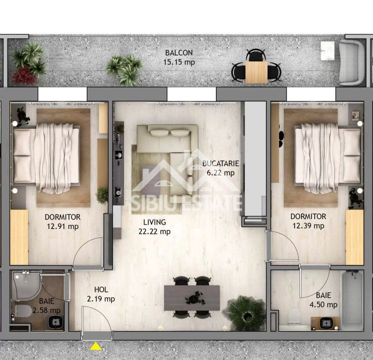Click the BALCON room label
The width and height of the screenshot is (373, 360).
tap(179, 53)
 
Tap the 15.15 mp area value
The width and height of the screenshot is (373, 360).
tap(179, 62)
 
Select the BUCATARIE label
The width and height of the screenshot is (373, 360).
tap(220, 163)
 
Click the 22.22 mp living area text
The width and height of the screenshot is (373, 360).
tap(154, 231)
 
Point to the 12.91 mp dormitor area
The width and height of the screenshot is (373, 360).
tap(62, 226)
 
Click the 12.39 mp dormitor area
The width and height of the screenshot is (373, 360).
tap(308, 226)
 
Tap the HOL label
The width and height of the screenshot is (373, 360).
tap(101, 289)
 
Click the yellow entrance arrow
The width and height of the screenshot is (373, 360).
tap(95, 346)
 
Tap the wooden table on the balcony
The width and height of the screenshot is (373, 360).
tap(256, 71)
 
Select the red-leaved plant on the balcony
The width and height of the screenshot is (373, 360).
tap(23, 76)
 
